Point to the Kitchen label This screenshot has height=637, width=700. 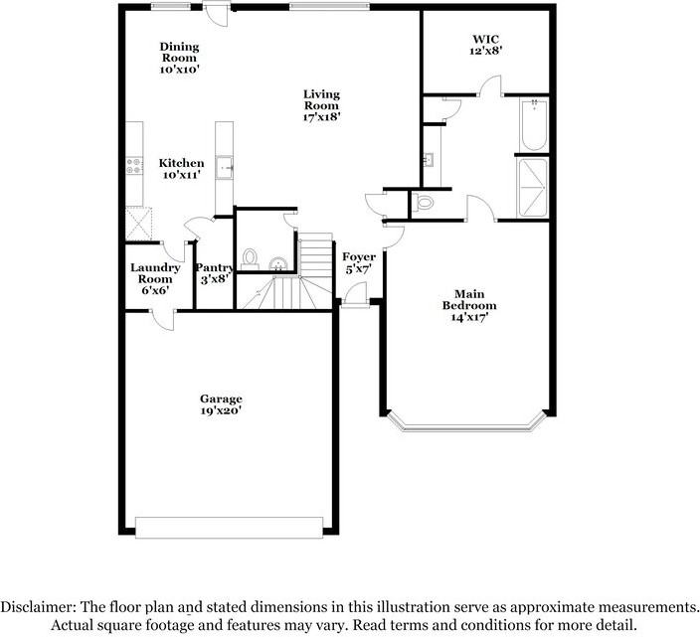coord(182,169)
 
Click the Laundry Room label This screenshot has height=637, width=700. coord(156,278)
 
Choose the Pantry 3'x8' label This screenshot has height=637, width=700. coord(214,273)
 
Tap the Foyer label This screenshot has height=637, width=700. coord(359,264)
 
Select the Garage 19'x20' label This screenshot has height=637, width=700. coord(221,404)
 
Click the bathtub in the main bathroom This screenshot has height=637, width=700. coord(534,124)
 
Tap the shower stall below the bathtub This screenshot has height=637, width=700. coord(534,188)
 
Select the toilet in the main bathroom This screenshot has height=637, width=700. coord(426,203)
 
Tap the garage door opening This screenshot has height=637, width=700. coord(230,527)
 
